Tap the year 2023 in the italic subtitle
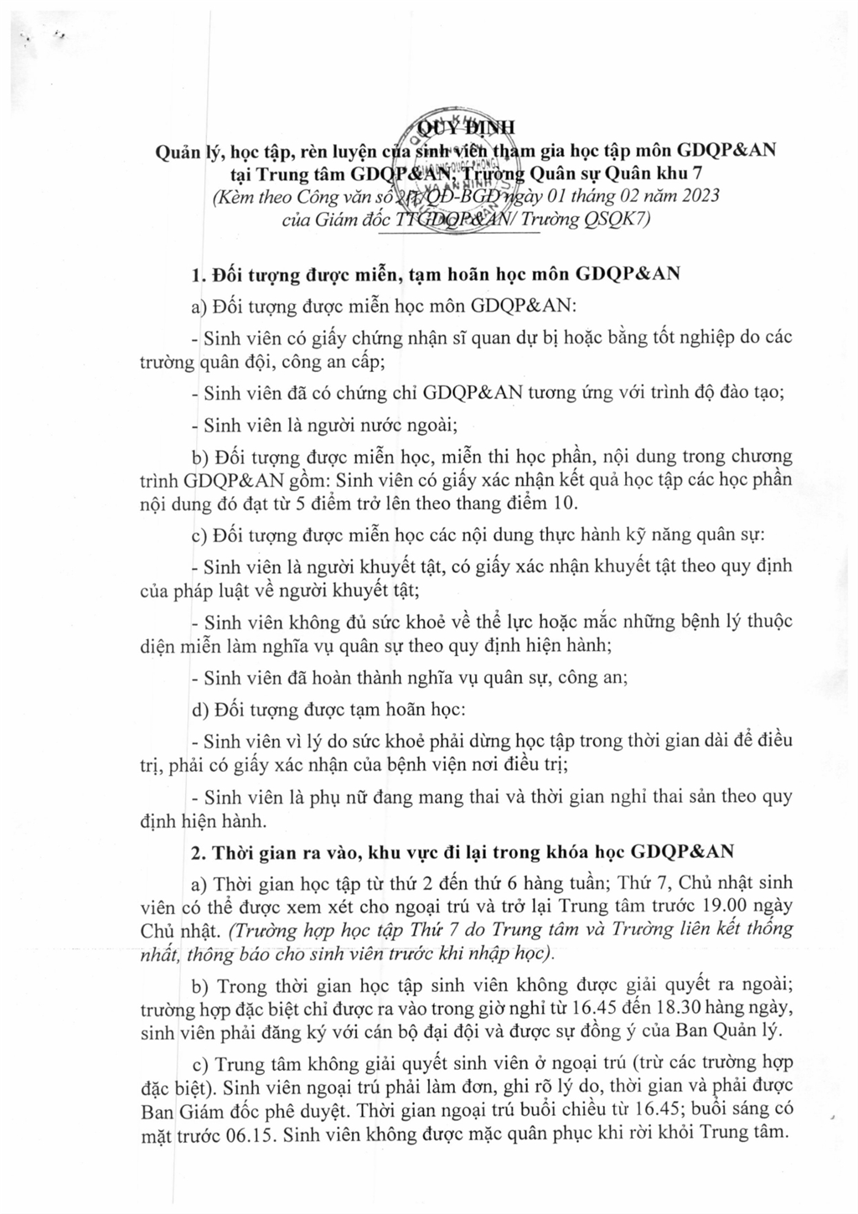point(694,197)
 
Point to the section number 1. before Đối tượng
point(199,274)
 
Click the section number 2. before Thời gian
point(199,852)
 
